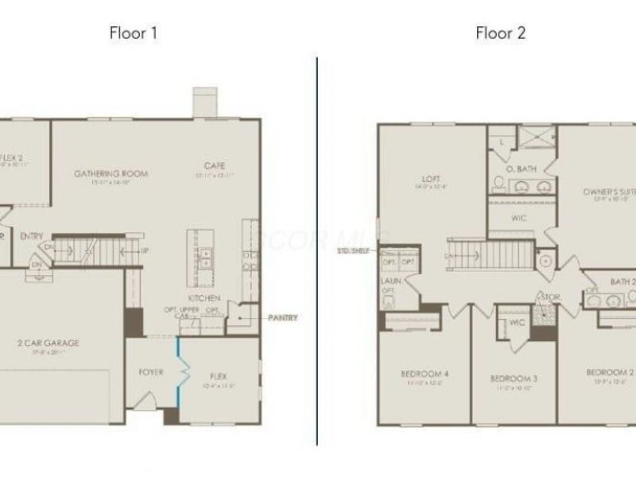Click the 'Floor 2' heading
tap(500, 33)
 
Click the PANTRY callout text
tap(283, 319)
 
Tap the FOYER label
tap(151, 371)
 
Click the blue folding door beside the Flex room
tap(180, 371)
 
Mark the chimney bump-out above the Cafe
tap(205, 102)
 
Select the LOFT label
tap(432, 179)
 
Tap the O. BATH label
tap(521, 169)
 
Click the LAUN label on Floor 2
tap(388, 281)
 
